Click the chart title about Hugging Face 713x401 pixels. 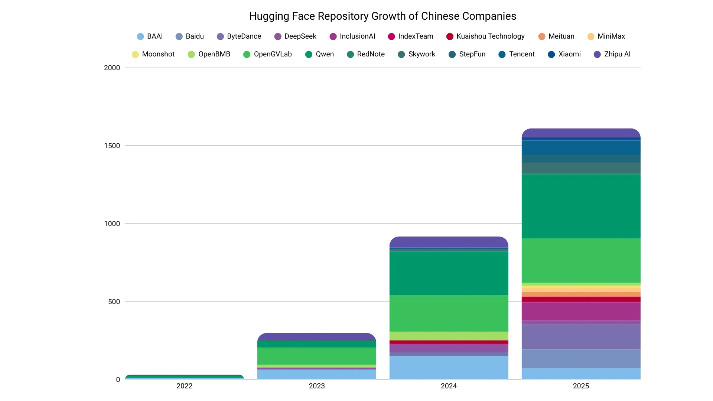click(382, 16)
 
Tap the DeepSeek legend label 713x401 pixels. click(300, 36)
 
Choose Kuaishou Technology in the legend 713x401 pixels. click(490, 36)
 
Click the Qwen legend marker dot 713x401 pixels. click(309, 55)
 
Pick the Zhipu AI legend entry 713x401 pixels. click(617, 54)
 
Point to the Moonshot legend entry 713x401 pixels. click(158, 54)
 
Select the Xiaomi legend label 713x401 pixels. click(569, 54)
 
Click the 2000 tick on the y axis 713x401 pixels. click(112, 68)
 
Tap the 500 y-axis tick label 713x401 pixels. click(114, 302)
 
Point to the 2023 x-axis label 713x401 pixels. click(317, 386)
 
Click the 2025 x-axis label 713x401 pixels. click(581, 386)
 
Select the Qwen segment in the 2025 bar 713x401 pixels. click(581, 206)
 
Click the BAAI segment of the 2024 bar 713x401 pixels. click(449, 367)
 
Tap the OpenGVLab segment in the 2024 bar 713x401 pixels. click(449, 313)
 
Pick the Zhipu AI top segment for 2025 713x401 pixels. click(581, 133)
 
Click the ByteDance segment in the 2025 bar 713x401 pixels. click(581, 337)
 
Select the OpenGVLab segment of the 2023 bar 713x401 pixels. click(317, 356)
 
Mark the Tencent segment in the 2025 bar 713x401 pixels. click(581, 147)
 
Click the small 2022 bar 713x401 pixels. click(185, 377)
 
